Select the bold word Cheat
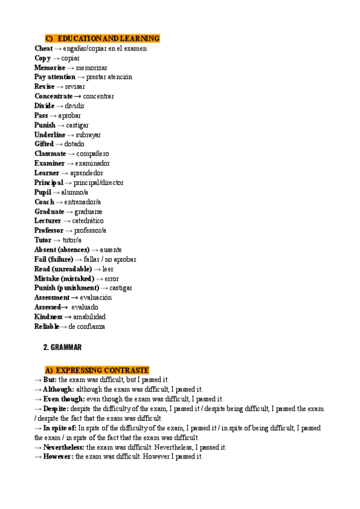click(x=43, y=48)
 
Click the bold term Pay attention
click(x=55, y=77)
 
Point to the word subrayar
click(x=88, y=134)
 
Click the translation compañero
click(x=92, y=154)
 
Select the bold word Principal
click(x=49, y=182)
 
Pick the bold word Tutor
click(x=43, y=240)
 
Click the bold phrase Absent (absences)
click(x=62, y=250)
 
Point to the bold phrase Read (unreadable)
click(x=63, y=269)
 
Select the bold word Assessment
click(x=52, y=298)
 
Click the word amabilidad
click(x=89, y=317)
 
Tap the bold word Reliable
click(x=46, y=327)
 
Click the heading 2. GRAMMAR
click(x=62, y=348)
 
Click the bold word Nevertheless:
click(x=63, y=447)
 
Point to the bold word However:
click(x=58, y=457)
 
